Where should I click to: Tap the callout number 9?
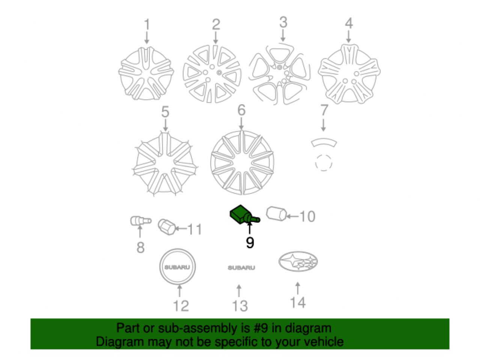pos(250,243)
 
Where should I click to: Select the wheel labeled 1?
pos(146,73)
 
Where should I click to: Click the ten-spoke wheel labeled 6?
pos(242,162)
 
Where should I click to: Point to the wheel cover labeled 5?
pos(165,164)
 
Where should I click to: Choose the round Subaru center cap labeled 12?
pos(178,266)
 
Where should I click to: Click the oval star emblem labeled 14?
pos(298,261)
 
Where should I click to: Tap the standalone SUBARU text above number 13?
pos(241,268)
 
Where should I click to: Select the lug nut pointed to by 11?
pos(167,227)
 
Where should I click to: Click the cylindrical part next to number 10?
pos(276,214)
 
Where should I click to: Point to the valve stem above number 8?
pos(141,221)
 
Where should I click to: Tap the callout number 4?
pos(349,23)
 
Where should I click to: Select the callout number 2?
pos(216,24)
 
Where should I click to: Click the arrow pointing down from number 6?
pos(241,124)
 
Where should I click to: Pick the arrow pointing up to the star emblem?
pos(298,288)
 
